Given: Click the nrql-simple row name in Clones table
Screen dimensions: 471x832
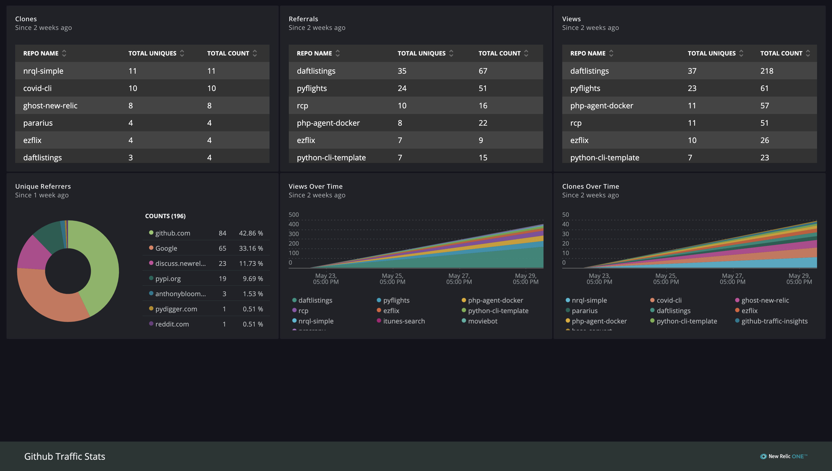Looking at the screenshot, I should tap(43, 71).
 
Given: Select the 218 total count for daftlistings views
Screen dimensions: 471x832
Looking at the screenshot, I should tap(767, 71).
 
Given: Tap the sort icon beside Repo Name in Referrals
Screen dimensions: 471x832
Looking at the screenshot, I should tap(338, 53).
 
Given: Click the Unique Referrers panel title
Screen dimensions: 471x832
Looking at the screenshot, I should tap(43, 186).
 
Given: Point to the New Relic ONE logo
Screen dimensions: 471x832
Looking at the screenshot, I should tap(783, 456).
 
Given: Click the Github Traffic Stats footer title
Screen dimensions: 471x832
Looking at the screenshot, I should tap(65, 456).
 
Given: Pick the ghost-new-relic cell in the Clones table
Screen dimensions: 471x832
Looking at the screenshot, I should tap(50, 106).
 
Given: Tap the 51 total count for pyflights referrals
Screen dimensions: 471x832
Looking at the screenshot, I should tap(483, 88).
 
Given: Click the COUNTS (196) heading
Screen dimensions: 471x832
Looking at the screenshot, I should tap(165, 216).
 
